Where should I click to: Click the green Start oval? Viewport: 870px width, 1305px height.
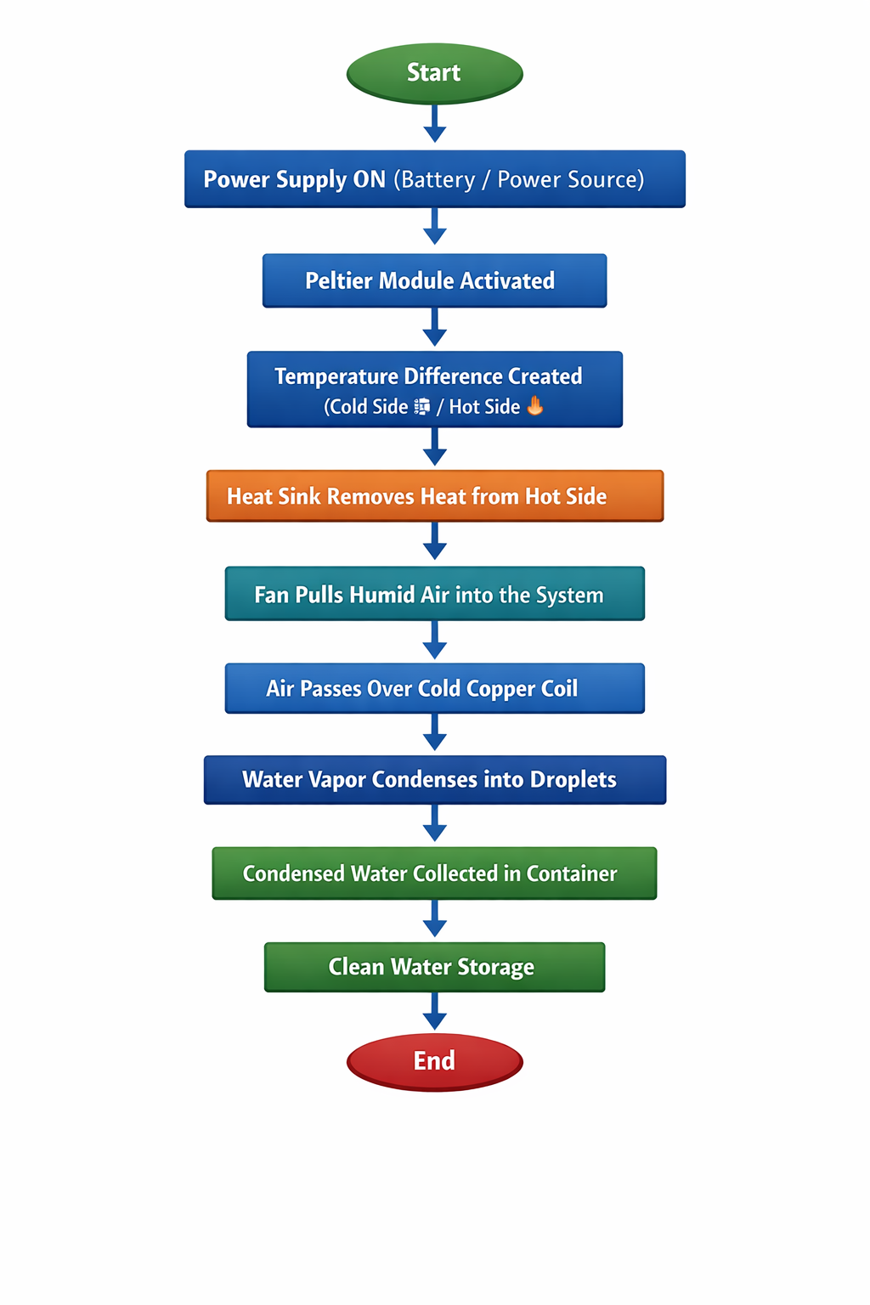pyautogui.click(x=435, y=73)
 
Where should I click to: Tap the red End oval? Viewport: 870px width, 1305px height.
pyautogui.click(x=435, y=1061)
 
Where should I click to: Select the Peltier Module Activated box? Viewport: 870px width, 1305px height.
pyautogui.click(x=435, y=280)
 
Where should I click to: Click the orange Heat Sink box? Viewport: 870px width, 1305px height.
pyautogui.click(x=435, y=496)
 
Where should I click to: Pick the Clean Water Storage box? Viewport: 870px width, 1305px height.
pyautogui.click(x=435, y=967)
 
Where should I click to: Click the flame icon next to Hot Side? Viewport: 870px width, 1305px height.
pyautogui.click(x=535, y=405)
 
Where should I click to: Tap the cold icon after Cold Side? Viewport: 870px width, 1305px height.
pyautogui.click(x=422, y=406)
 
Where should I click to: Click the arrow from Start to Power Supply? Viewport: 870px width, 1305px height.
pyautogui.click(x=435, y=123)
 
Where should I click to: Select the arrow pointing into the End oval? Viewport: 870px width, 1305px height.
pyautogui.click(x=435, y=1011)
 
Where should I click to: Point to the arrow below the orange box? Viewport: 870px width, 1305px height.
pyautogui.click(x=435, y=541)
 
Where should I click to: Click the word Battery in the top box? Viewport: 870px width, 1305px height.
pyautogui.click(x=438, y=179)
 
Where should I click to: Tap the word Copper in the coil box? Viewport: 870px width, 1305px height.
pyautogui.click(x=500, y=689)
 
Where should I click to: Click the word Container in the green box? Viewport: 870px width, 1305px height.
pyautogui.click(x=571, y=873)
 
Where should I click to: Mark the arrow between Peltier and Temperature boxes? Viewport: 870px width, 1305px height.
pyautogui.click(x=435, y=327)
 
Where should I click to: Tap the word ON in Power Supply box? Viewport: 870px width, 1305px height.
pyautogui.click(x=369, y=179)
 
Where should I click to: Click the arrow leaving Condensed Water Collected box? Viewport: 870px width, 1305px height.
pyautogui.click(x=435, y=918)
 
